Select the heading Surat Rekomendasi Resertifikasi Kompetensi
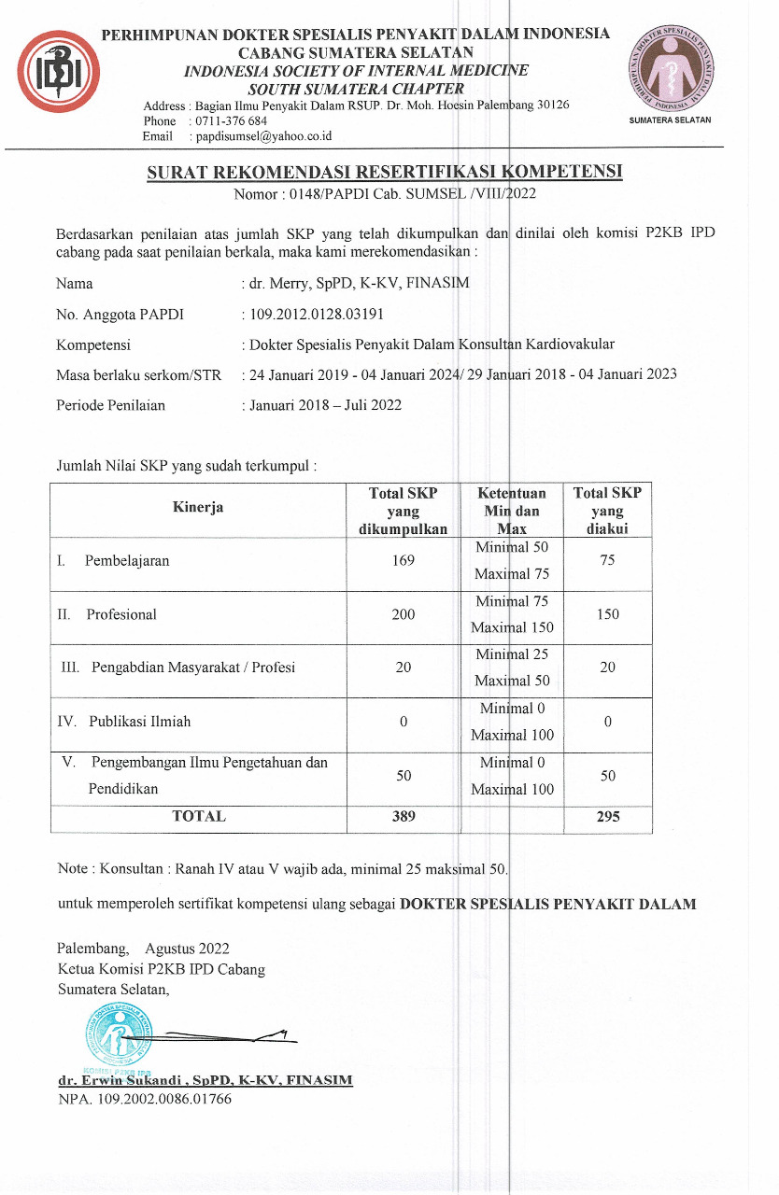click(x=384, y=173)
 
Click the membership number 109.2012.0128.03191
click(x=317, y=314)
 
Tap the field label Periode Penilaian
click(x=110, y=404)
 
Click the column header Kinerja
click(x=197, y=507)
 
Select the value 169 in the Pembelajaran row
click(x=404, y=561)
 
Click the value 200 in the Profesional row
click(x=404, y=614)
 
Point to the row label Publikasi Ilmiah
click(x=140, y=722)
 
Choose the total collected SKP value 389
click(x=404, y=816)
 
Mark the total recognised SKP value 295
click(x=607, y=817)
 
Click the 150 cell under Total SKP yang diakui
click(x=607, y=614)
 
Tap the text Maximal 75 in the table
click(x=512, y=574)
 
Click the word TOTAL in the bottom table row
click(x=198, y=816)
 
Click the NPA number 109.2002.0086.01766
click(x=145, y=1098)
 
